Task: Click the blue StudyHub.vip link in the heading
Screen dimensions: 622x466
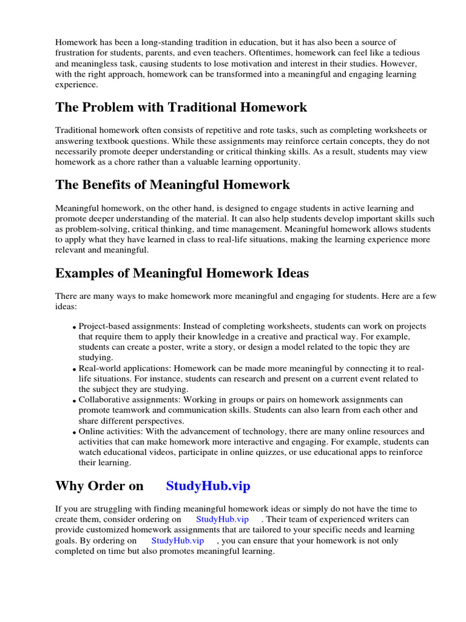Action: click(208, 485)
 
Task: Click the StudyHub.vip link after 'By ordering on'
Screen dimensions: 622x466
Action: click(178, 541)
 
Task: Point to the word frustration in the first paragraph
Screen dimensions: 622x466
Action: click(76, 53)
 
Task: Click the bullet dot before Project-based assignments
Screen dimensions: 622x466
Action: click(74, 327)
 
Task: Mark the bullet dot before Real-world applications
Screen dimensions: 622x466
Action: click(74, 369)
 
